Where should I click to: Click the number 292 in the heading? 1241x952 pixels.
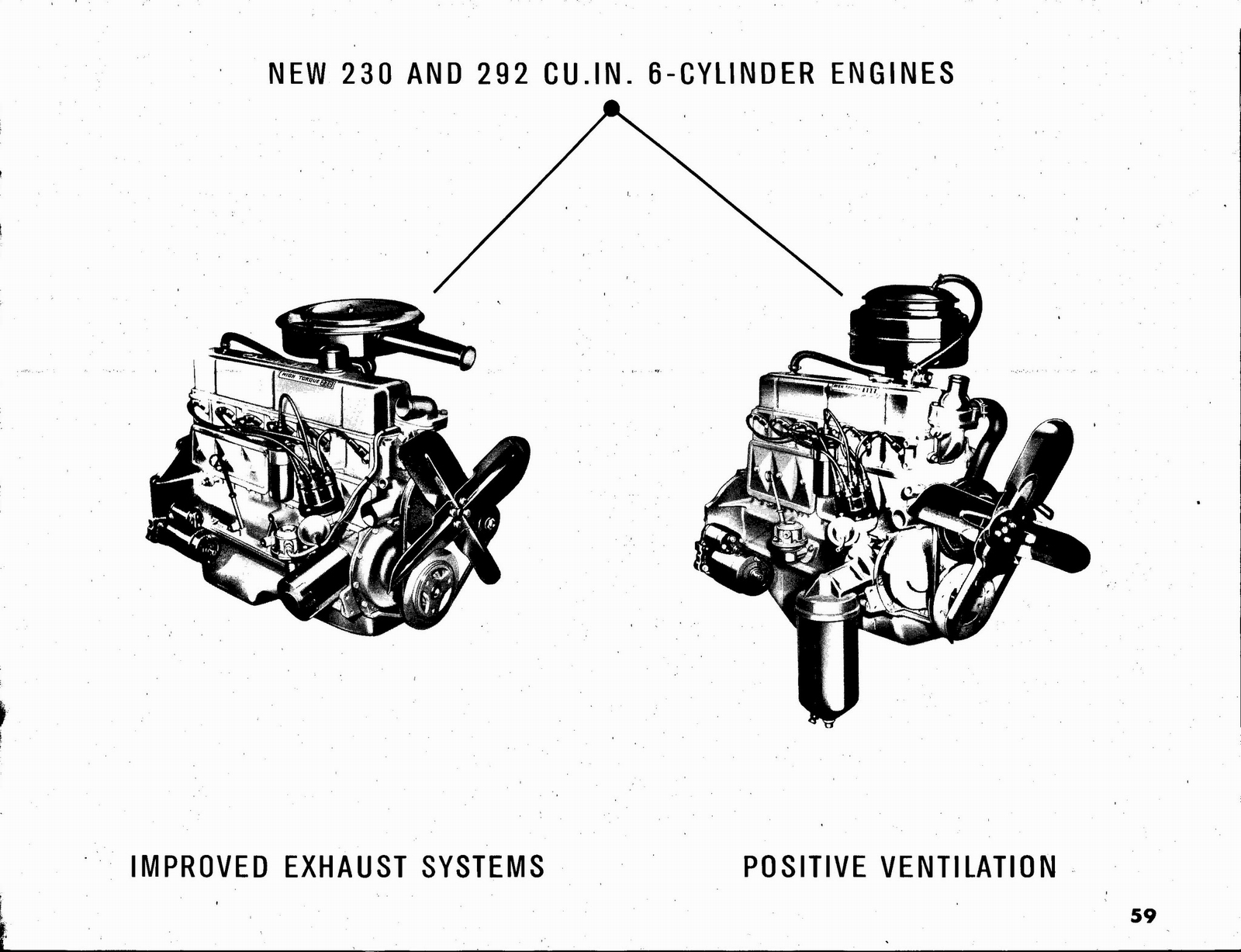tap(503, 74)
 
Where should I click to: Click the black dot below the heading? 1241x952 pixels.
tap(611, 109)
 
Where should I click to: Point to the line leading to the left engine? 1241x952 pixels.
tap(520, 203)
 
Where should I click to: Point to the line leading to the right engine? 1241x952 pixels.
tap(729, 203)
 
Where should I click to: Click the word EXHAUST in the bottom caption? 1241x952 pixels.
tap(344, 867)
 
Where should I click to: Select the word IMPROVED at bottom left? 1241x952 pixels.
tap(199, 867)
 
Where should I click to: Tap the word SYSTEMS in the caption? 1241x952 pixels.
tap(482, 867)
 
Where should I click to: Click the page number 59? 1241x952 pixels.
tap(1142, 916)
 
